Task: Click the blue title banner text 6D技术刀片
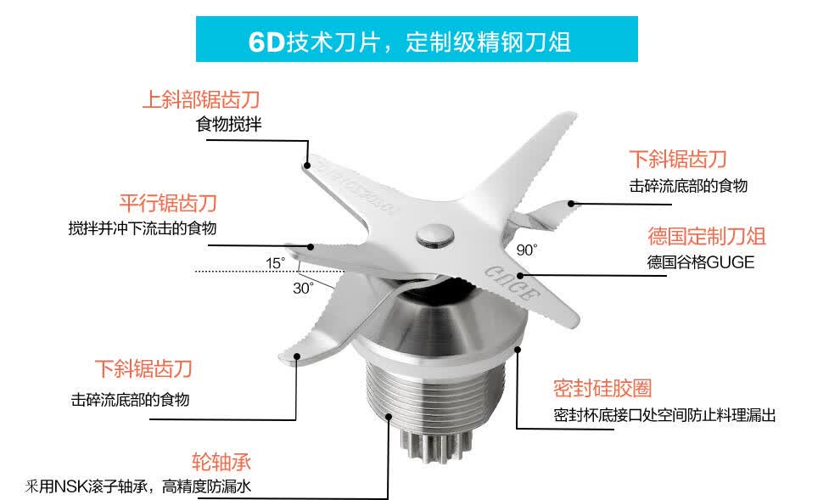pos(321,42)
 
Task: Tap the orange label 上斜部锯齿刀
pos(201,99)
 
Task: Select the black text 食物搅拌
pos(229,124)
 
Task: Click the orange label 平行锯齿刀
pos(168,203)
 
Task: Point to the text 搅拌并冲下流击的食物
pos(143,228)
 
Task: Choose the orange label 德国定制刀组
pos(707,236)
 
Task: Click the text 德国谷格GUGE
pos(701,262)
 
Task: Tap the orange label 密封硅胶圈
pos(602,388)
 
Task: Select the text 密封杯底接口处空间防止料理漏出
pos(665,415)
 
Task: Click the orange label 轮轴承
pos(221,462)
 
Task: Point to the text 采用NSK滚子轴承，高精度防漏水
pos(137,486)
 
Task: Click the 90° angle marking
pos(527,250)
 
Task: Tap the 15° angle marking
pos(276,263)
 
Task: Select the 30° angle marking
pos(303,289)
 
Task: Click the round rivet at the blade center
pos(435,235)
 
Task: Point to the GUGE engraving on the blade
pos(511,283)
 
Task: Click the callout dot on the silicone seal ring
pos(518,350)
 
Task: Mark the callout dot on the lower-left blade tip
pos(297,356)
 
